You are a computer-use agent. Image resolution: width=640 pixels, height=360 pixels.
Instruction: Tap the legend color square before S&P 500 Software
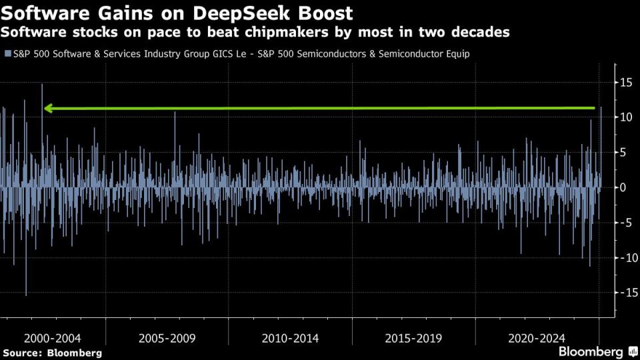(x=7, y=54)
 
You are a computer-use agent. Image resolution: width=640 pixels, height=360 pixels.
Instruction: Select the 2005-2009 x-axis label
(x=167, y=338)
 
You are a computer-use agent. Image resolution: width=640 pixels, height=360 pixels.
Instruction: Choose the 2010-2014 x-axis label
(x=290, y=338)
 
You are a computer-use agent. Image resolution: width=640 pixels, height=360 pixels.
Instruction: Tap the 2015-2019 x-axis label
(x=413, y=338)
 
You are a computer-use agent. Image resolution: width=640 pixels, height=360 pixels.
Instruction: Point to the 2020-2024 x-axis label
(x=537, y=338)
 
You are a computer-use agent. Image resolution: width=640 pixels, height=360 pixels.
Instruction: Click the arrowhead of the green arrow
(x=49, y=108)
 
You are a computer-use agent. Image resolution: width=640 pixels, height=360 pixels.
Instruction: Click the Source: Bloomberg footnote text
(x=52, y=353)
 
